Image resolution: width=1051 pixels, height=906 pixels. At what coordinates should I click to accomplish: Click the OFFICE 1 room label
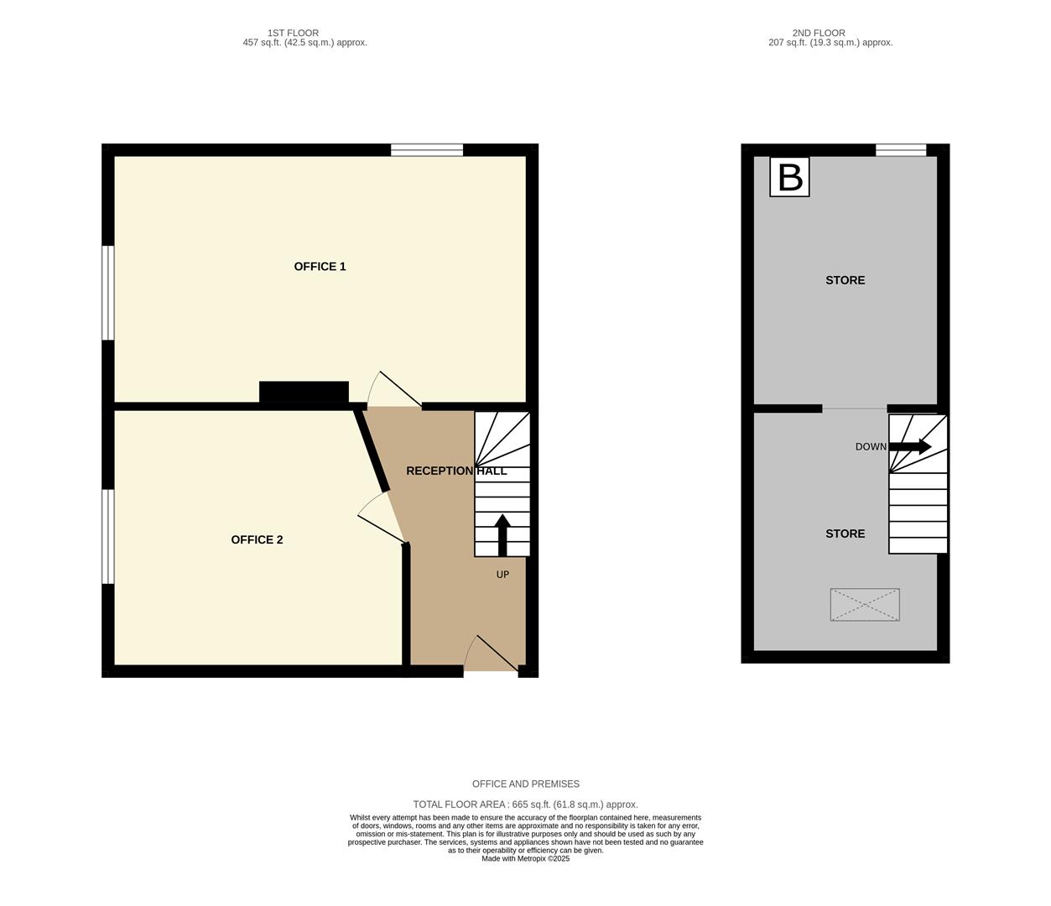click(x=320, y=267)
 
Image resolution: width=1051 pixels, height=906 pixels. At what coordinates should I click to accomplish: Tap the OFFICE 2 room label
click(x=257, y=539)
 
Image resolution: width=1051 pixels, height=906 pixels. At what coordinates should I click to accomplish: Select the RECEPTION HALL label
click(x=456, y=471)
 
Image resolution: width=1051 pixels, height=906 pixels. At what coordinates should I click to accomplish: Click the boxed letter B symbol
click(x=789, y=177)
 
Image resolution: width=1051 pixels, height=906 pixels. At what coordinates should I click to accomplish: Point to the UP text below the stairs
click(x=502, y=575)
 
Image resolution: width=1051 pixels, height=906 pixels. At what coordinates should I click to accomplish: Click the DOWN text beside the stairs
click(x=870, y=447)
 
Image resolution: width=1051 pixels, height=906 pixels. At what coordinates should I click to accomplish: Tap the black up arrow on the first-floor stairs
click(x=502, y=534)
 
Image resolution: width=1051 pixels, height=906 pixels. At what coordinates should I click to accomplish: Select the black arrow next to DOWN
click(x=910, y=446)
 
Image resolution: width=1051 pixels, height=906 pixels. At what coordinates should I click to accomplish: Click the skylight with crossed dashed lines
click(x=865, y=605)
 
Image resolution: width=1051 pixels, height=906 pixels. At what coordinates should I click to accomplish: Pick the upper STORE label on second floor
click(x=845, y=280)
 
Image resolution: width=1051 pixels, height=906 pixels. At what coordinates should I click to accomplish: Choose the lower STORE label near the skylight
click(x=845, y=534)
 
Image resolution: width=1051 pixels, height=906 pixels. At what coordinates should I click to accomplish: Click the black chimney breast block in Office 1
click(x=304, y=392)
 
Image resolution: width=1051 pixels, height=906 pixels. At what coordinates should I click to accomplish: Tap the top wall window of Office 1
click(x=427, y=150)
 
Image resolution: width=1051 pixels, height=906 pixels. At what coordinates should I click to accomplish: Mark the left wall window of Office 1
click(x=107, y=293)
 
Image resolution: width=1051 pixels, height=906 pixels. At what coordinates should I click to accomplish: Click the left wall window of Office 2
click(x=107, y=536)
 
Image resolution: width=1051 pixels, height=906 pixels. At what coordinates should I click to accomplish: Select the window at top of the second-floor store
click(x=901, y=150)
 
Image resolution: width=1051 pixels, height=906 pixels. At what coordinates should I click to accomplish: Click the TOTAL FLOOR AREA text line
click(x=525, y=804)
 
